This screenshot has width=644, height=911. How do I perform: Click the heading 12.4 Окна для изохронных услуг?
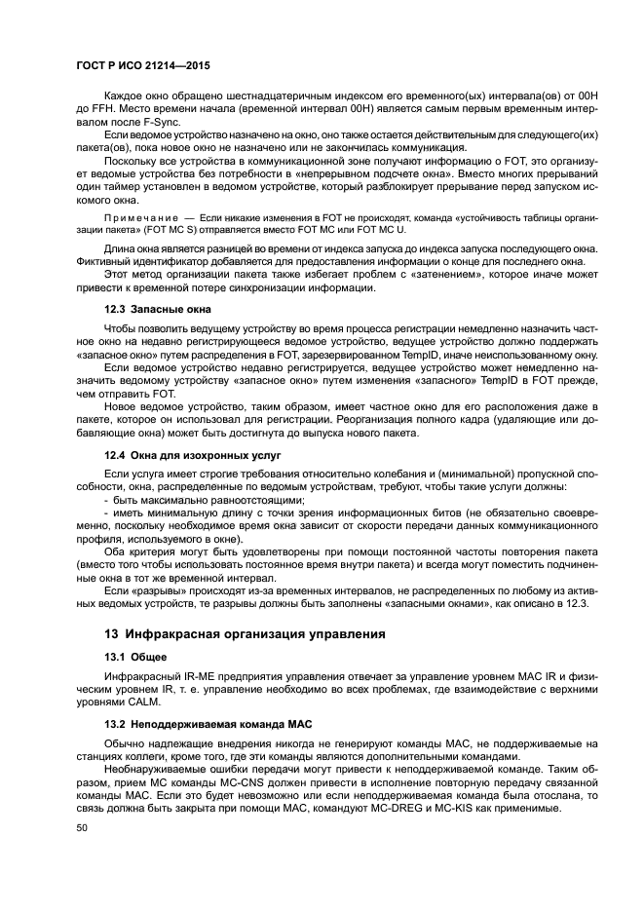tap(193, 454)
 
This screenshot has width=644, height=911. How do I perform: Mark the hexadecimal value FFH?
tap(102, 103)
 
